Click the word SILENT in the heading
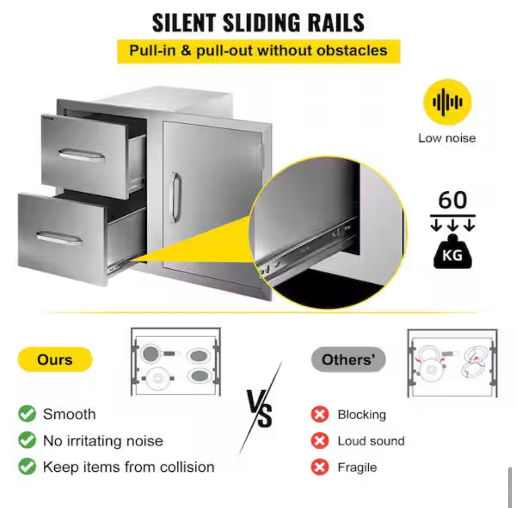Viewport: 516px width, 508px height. click(184, 23)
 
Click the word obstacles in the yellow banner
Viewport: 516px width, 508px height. click(352, 51)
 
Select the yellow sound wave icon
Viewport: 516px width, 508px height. click(447, 102)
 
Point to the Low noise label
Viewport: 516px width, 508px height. click(447, 138)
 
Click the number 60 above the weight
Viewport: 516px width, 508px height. click(453, 200)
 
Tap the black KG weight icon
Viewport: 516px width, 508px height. click(453, 251)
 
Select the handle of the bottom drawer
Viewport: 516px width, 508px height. click(59, 238)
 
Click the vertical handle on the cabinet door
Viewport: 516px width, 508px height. click(176, 197)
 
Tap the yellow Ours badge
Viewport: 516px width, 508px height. click(55, 359)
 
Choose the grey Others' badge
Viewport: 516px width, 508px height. click(348, 359)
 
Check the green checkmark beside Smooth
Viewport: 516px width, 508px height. click(27, 414)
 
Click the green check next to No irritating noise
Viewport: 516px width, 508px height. click(27, 440)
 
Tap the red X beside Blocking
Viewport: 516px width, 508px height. click(320, 414)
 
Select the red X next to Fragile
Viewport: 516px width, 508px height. click(320, 467)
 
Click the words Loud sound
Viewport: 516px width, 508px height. click(371, 441)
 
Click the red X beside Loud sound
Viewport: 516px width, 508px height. click(320, 440)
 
